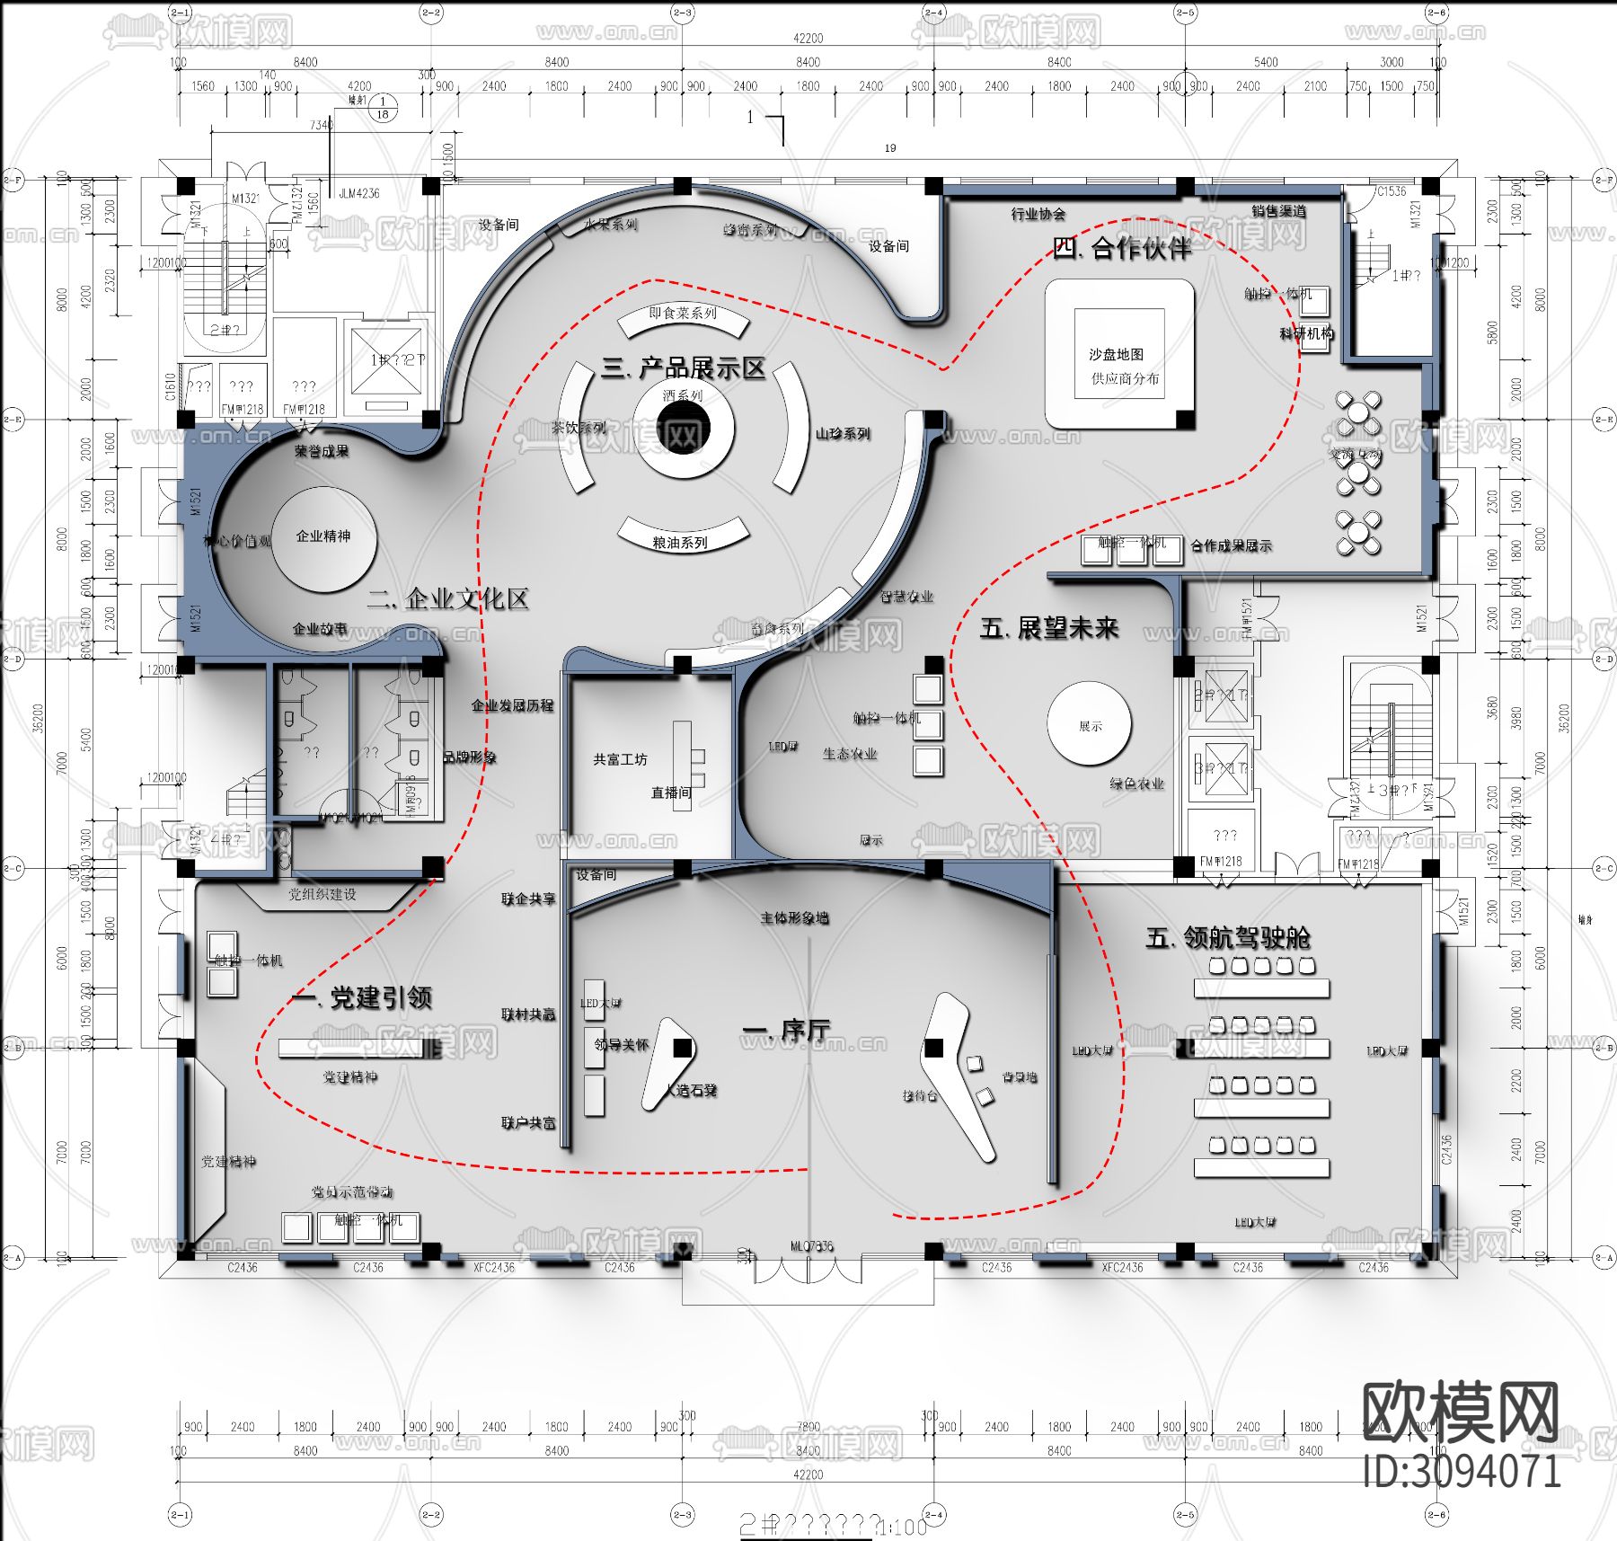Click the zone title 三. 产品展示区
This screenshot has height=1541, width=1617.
683,368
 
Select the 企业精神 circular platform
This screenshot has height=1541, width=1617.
323,538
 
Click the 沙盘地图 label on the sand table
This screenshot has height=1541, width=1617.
1116,354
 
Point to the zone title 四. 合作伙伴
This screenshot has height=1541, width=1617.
1122,248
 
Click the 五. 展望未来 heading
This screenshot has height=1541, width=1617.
1048,627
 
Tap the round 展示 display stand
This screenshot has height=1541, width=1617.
1090,725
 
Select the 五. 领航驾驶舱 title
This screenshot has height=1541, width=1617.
1227,938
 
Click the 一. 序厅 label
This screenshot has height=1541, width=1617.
786,1030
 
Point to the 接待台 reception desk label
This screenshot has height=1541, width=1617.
920,1095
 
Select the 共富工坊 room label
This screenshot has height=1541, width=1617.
620,759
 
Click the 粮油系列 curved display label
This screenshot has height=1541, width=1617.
680,543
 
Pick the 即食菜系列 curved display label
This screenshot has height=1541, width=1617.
683,313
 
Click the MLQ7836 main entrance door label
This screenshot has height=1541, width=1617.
811,1245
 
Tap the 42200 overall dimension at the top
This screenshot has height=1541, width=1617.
808,38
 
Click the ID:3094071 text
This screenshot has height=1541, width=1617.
1462,1471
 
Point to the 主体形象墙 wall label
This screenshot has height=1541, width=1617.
794,917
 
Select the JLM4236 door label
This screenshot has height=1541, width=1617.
358,193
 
